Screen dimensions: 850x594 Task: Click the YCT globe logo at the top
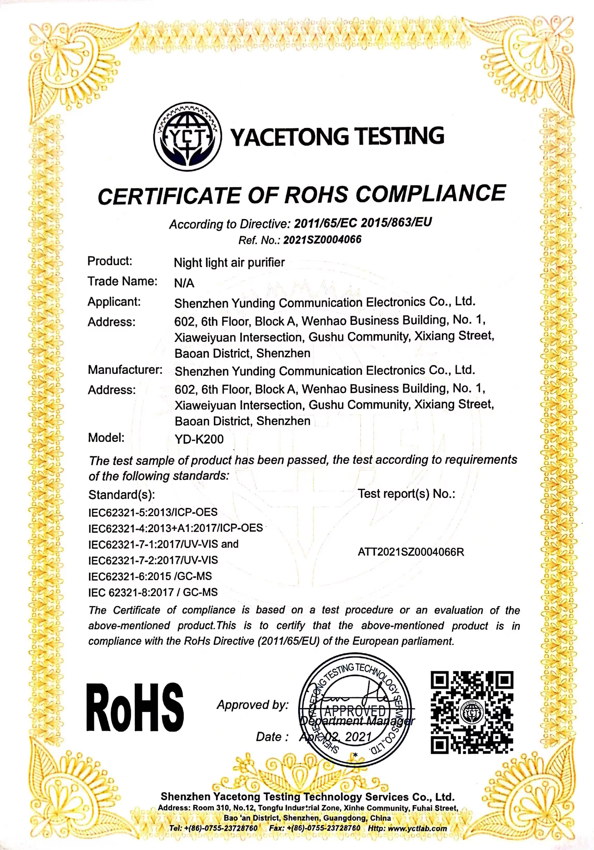187,137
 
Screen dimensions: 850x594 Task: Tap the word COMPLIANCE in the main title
431,193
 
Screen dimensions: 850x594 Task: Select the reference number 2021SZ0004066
322,240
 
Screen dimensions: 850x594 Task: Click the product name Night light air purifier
229,263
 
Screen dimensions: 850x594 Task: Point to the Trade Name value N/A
184,283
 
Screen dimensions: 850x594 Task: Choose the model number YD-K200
199,439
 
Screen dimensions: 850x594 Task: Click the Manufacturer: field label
125,370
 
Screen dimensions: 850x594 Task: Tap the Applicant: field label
114,302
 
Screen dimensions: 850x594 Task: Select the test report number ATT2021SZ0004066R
411,552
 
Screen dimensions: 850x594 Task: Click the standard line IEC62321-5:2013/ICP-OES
153,512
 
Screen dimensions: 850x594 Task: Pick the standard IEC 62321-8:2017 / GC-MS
153,592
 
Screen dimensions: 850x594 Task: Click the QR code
471,712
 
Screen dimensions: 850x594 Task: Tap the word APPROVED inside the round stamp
355,711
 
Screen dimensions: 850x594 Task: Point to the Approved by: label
252,704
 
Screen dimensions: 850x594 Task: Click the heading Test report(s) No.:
406,494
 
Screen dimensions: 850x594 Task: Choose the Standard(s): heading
121,495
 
